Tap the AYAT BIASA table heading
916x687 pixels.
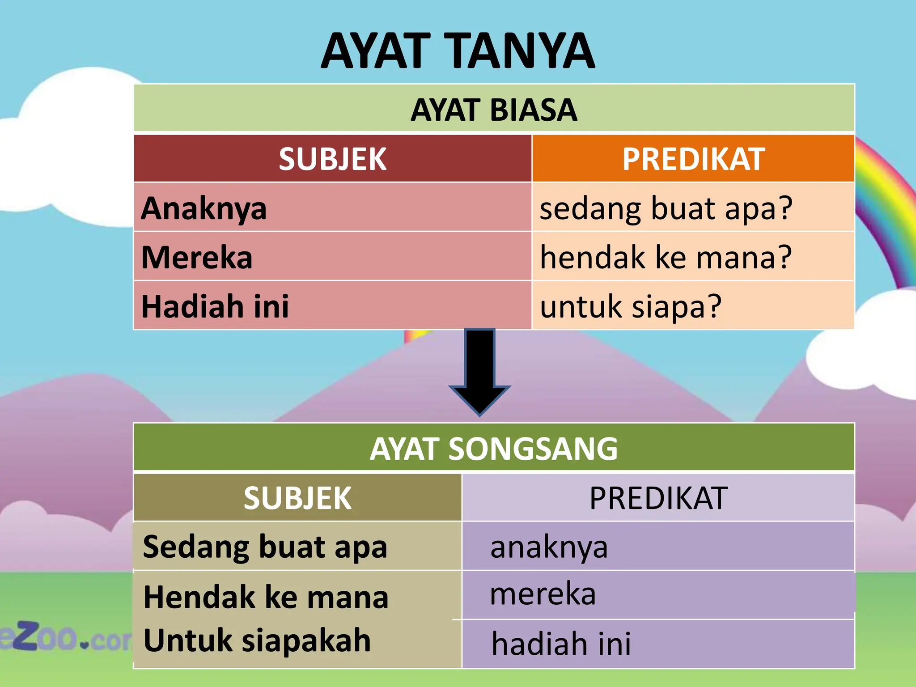[x=494, y=110]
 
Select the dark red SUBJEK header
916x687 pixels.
[x=332, y=159]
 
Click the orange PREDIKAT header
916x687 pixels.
[x=693, y=159]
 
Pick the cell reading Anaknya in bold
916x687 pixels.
[x=204, y=208]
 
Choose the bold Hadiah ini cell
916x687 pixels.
[x=215, y=306]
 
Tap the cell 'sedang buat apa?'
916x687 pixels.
[x=666, y=208]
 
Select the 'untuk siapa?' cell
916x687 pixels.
[x=631, y=306]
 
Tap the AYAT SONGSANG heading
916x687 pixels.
[x=494, y=449]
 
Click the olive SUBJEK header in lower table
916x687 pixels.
[x=297, y=498]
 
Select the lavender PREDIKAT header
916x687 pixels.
[x=658, y=498]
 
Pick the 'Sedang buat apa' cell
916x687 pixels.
[x=265, y=547]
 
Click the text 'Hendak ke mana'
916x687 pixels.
[x=266, y=597]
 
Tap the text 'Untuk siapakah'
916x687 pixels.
[x=257, y=640]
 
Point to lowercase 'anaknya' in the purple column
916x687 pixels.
[x=549, y=547]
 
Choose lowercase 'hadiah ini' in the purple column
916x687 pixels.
[x=561, y=644]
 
